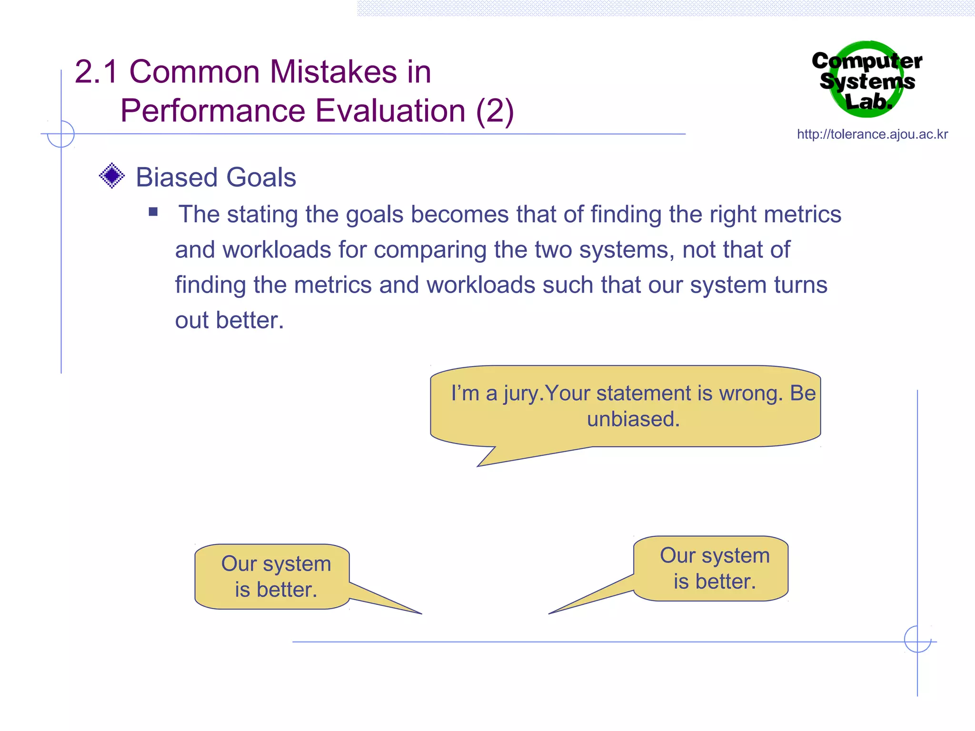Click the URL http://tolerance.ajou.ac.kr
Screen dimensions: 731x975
[872, 135]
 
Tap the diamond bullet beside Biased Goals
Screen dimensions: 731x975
[112, 176]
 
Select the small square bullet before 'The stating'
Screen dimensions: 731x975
[153, 212]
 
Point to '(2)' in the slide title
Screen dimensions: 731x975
[495, 111]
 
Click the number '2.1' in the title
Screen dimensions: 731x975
[96, 72]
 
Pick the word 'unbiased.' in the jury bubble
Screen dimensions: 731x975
[633, 419]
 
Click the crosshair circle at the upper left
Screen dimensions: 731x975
[61, 134]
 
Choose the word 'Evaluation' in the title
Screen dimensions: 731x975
[390, 111]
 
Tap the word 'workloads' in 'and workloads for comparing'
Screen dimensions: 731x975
[277, 250]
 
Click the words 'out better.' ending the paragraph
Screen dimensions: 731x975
[229, 320]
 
